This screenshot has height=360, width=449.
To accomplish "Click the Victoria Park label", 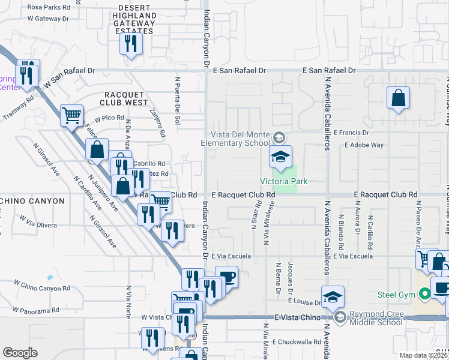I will point(279,181).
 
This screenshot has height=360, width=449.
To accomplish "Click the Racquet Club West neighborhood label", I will point(127,98).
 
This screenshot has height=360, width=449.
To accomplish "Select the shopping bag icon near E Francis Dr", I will point(398,98).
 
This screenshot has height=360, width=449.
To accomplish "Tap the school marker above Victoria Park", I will point(280,157).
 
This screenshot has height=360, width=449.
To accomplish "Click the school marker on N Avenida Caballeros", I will point(333,298).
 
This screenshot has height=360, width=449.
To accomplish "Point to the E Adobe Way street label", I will point(364,145).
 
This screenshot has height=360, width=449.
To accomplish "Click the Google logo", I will point(20,353).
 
